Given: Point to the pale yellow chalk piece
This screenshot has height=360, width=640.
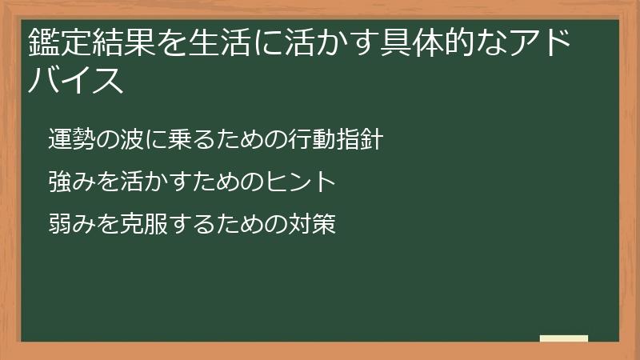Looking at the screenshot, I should pyautogui.click(x=563, y=339).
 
